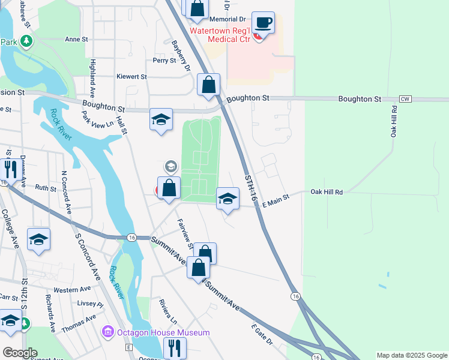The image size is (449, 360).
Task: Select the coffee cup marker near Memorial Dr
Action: click(263, 23)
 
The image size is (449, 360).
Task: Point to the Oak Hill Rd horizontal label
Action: click(326, 192)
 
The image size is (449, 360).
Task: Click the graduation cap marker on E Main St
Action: click(228, 199)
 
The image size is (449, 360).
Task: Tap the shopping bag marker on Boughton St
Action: click(208, 85)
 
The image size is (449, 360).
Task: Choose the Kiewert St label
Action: click(132, 77)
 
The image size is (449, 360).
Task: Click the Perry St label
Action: click(164, 61)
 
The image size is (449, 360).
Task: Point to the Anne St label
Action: click(76, 40)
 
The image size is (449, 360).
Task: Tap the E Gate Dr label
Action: click(262, 335)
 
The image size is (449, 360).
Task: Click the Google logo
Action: click(19, 353)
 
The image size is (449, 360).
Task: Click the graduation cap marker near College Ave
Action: click(38, 239)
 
